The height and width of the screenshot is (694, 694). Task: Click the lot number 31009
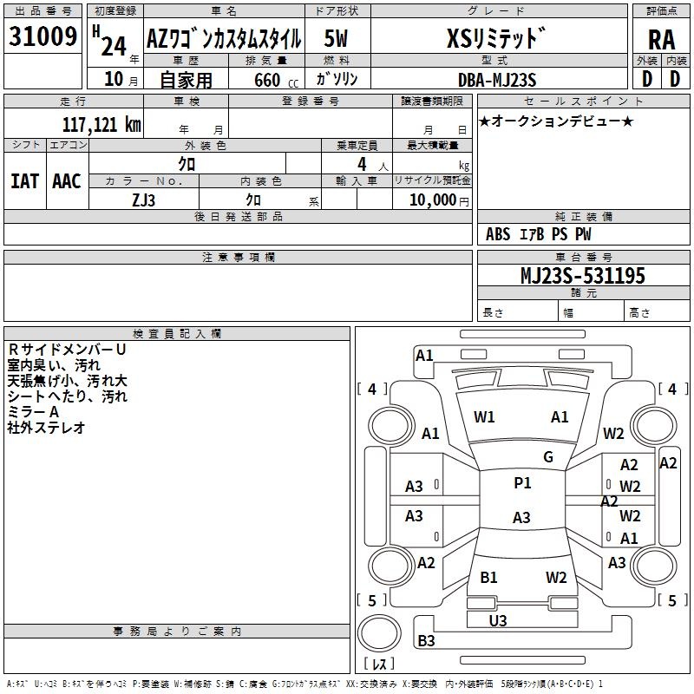43,36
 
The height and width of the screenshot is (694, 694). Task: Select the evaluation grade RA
662,40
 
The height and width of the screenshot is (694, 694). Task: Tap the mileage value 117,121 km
101,124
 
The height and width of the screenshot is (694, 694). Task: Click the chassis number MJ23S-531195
583,275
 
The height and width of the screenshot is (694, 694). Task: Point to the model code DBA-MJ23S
497,80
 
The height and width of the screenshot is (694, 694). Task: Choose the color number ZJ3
143,200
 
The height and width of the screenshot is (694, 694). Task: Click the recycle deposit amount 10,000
433,200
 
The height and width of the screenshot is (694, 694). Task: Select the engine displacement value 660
267,80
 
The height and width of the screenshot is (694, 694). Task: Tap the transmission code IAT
25,181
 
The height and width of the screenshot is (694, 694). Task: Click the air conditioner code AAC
67,181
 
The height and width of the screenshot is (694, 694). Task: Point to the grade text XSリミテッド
495,38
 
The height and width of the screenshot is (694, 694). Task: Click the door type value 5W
336,38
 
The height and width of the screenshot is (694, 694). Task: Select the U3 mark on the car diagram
498,620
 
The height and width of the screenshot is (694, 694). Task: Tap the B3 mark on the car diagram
426,640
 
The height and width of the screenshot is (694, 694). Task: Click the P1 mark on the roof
522,482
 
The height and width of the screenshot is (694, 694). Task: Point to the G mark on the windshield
548,456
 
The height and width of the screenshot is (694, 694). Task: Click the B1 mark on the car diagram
488,577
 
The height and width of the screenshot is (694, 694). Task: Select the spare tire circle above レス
379,632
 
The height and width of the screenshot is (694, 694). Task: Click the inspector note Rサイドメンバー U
68,350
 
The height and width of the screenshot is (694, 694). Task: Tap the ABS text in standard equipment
498,234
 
